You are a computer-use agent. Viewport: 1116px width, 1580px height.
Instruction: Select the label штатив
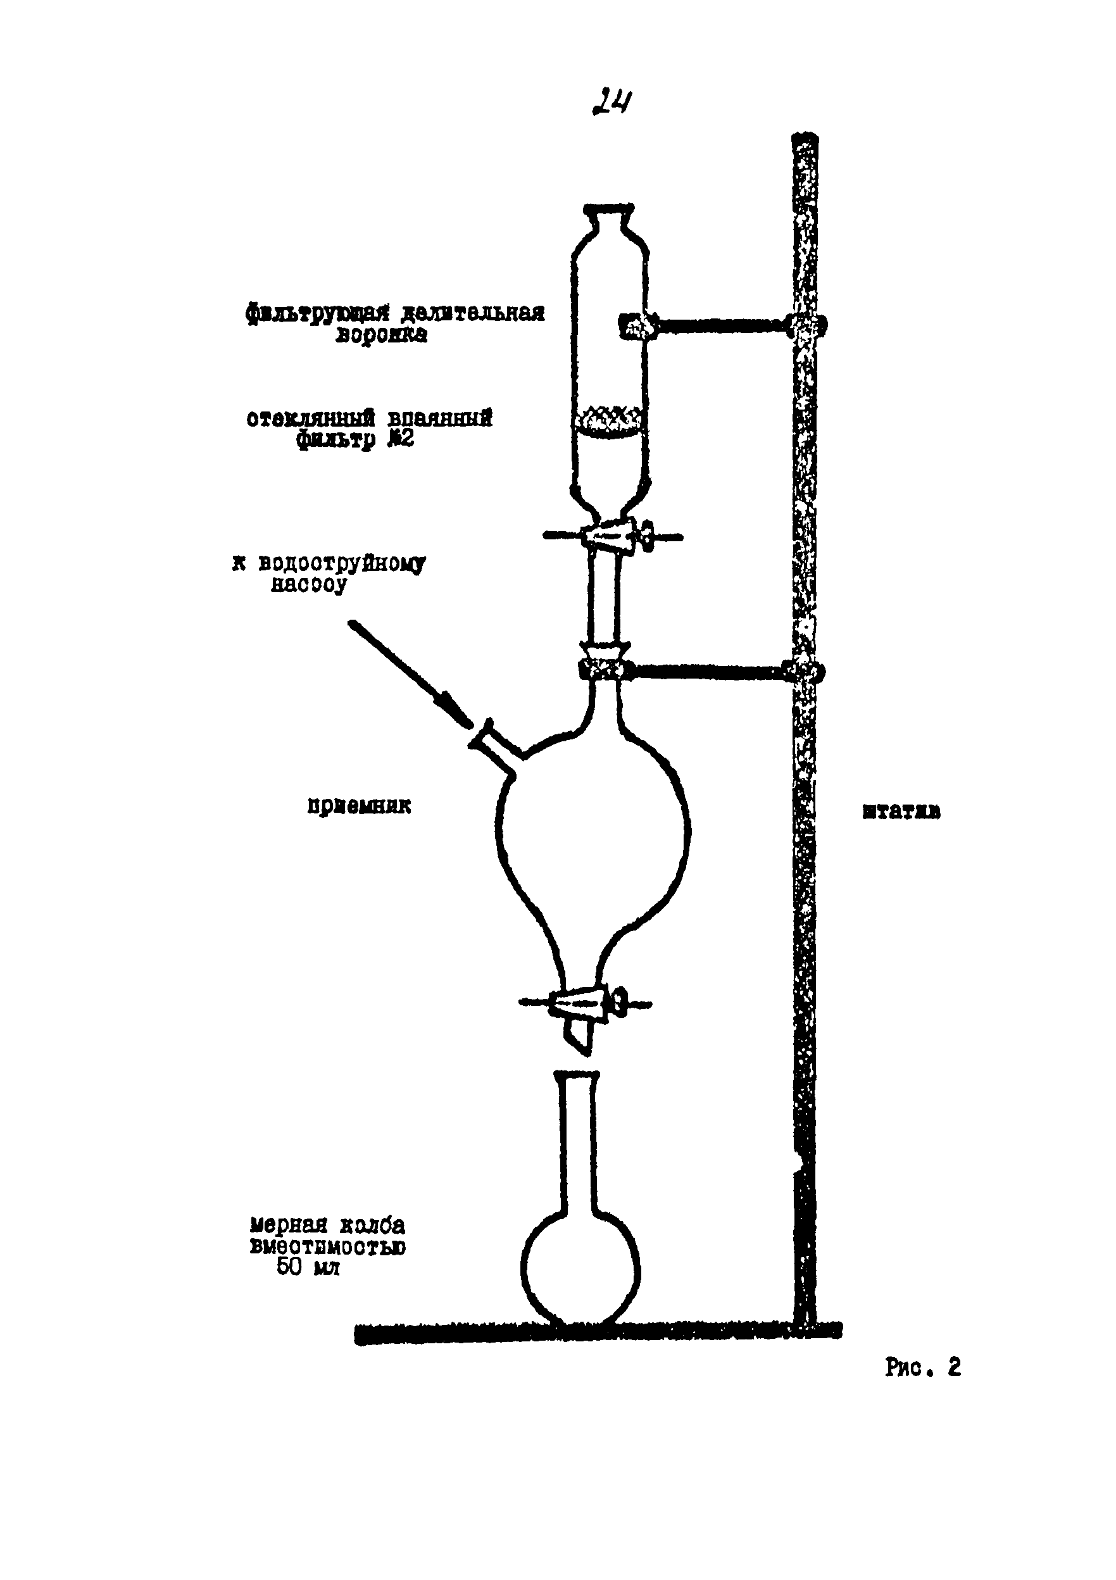pos(901,812)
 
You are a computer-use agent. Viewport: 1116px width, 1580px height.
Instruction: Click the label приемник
pos(358,806)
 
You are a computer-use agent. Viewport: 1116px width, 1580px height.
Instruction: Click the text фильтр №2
pos(355,440)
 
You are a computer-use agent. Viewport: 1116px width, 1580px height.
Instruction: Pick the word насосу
pos(309,585)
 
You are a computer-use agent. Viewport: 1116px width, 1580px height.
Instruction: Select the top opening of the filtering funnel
pos(609,208)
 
